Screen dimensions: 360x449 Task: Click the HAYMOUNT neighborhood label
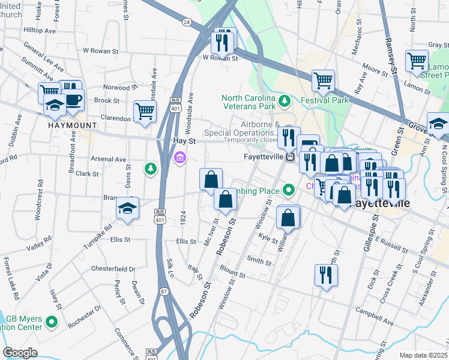pyautogui.click(x=72, y=125)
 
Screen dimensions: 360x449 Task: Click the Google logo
pyautogui.click(x=20, y=353)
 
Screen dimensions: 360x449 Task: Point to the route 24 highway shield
pyautogui.click(x=187, y=22)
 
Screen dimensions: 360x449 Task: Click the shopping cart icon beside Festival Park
pyautogui.click(x=323, y=80)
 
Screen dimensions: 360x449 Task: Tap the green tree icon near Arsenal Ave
pyautogui.click(x=150, y=169)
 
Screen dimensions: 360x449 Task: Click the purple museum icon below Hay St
pyautogui.click(x=179, y=158)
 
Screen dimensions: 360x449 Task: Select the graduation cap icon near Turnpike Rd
pyautogui.click(x=127, y=208)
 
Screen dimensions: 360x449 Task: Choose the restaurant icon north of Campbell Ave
pyautogui.click(x=326, y=274)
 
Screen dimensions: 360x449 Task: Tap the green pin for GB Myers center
pyautogui.click(x=52, y=322)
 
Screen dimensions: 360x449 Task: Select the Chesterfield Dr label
pyautogui.click(x=113, y=269)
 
